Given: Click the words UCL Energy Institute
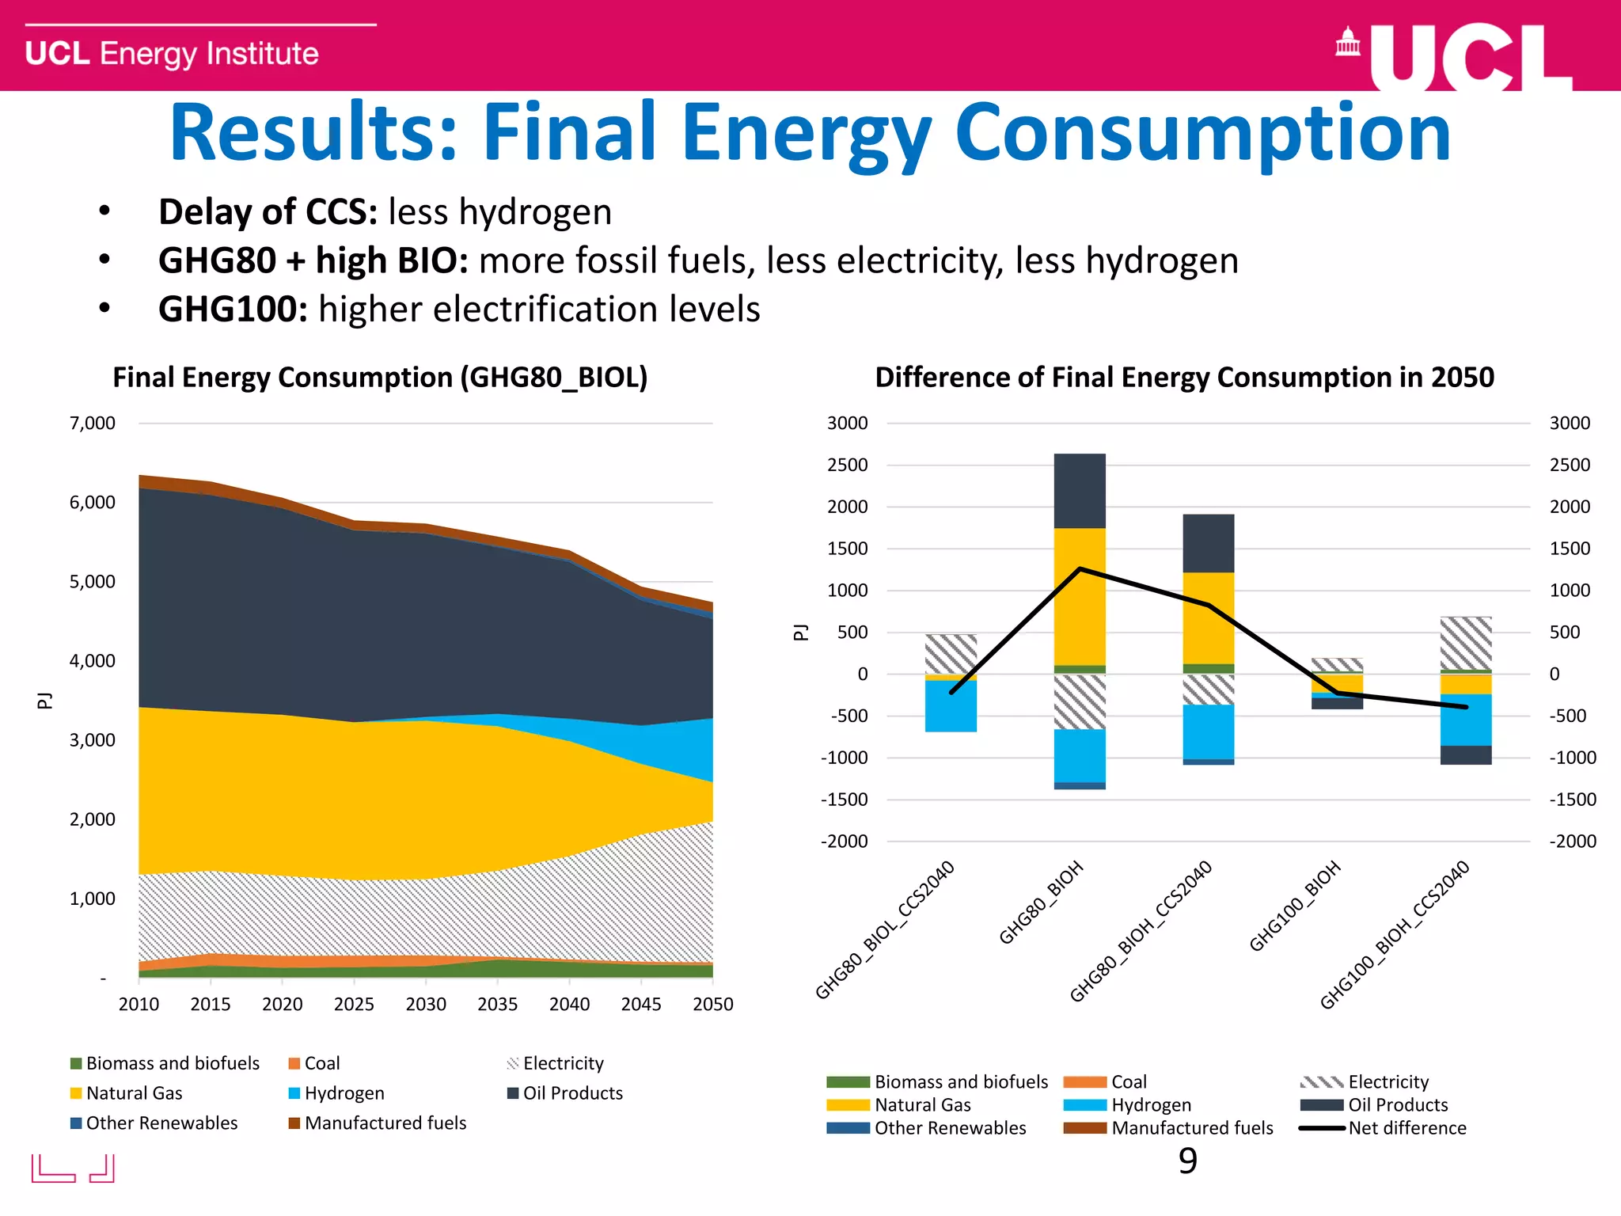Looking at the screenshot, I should click(x=172, y=54).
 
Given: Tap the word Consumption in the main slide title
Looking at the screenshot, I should click(x=1202, y=133).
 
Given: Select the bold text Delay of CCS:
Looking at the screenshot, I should click(x=268, y=212).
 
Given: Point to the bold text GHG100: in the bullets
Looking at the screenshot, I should click(x=233, y=309).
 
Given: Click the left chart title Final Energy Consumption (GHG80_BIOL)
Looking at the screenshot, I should click(x=380, y=378).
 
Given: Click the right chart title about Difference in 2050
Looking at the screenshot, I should click(x=1184, y=378).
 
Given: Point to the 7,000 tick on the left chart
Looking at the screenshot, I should click(x=93, y=424).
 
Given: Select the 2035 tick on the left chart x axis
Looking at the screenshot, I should click(x=497, y=1004).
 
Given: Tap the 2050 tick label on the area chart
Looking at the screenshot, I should click(x=712, y=1004).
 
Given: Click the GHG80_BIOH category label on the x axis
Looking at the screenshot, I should click(x=1042, y=902).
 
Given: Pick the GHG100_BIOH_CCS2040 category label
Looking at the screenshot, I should click(x=1395, y=935).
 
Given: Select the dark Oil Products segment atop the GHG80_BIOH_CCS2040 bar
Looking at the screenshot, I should click(x=1209, y=543).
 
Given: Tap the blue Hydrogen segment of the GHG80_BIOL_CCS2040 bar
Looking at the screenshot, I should click(x=951, y=706).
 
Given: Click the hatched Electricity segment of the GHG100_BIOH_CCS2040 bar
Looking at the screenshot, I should click(x=1466, y=643).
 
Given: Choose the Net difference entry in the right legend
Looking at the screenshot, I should click(x=1407, y=1128).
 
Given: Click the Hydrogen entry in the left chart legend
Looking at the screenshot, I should click(x=344, y=1093).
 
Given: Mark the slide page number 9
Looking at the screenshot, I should click(x=1187, y=1161).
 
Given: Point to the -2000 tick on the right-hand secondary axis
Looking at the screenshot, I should click(x=1572, y=842).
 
